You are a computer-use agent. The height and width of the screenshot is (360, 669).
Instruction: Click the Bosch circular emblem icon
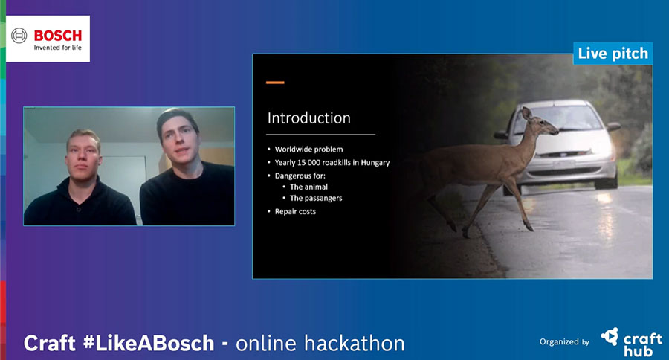(19, 36)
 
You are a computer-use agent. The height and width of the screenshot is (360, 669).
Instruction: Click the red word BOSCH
(57, 36)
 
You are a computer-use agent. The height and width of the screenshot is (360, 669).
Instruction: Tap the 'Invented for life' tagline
(57, 48)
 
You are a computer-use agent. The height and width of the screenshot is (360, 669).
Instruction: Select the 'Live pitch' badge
(613, 54)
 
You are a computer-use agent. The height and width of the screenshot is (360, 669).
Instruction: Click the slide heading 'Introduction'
(309, 118)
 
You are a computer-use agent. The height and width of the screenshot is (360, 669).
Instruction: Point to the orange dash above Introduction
(275, 83)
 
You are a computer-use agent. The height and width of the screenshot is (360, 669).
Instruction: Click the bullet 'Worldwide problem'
(308, 149)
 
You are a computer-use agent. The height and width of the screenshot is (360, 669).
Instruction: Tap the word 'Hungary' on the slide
(375, 163)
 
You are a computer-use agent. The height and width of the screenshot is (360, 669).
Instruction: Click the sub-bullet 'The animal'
(308, 187)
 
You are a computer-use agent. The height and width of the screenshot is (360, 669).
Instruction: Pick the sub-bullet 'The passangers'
(316, 198)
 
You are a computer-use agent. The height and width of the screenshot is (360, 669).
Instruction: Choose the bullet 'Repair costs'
(295, 211)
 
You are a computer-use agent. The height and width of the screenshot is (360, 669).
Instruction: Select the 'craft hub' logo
(632, 342)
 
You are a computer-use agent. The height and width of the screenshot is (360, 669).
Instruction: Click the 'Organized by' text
(564, 341)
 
